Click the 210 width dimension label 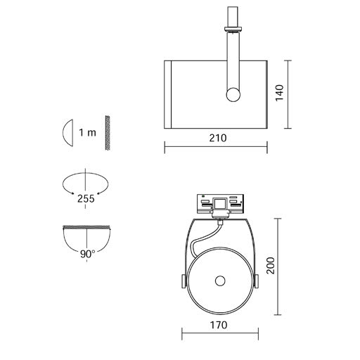pos(218,138)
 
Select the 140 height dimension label pos(279,93)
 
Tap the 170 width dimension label pos(219,325)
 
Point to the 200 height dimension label pos(271,266)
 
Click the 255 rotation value pos(86,199)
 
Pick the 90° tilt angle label pos(88,254)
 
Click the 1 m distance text pos(88,133)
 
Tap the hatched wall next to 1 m pos(108,133)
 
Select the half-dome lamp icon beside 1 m pos(67,133)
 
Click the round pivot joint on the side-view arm pos(233,95)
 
